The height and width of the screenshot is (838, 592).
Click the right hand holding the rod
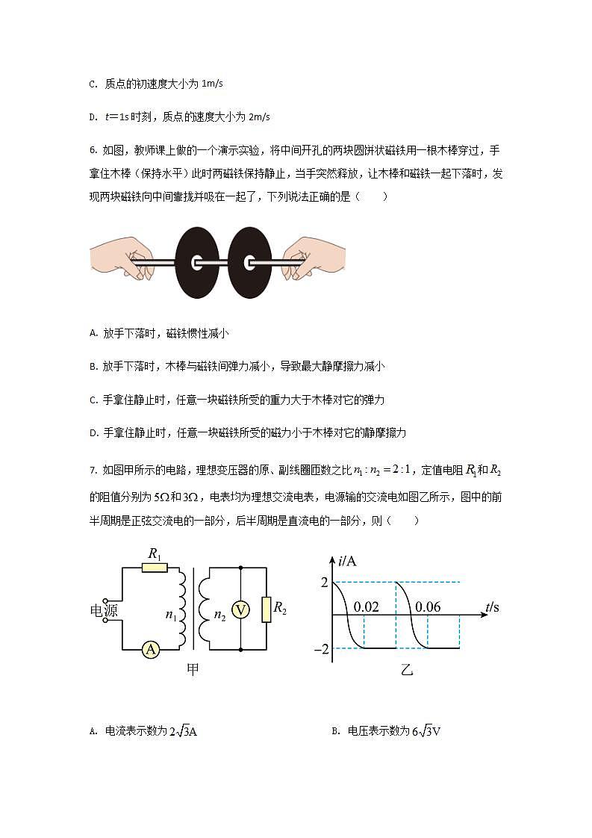coord(314,258)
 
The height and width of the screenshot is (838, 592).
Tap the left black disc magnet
coord(196,263)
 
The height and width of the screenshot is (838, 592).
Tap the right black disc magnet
coord(250,263)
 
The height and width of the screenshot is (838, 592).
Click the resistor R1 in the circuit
coord(155,568)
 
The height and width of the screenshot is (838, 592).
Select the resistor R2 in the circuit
coord(266,609)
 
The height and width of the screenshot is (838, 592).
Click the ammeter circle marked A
coord(151,650)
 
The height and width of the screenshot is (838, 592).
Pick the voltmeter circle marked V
coord(240,609)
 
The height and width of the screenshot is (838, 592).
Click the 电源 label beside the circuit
coord(105,610)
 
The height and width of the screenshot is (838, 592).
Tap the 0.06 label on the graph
coord(428,606)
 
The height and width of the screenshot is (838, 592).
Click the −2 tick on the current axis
coord(321,649)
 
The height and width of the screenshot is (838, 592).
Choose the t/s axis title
coord(491,606)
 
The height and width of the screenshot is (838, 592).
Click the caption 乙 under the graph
coord(406,670)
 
